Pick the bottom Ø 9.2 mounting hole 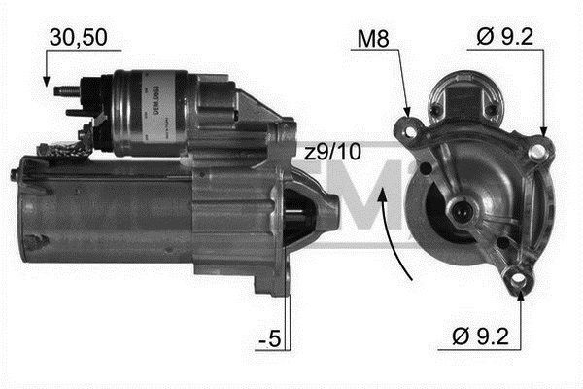[520, 282]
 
